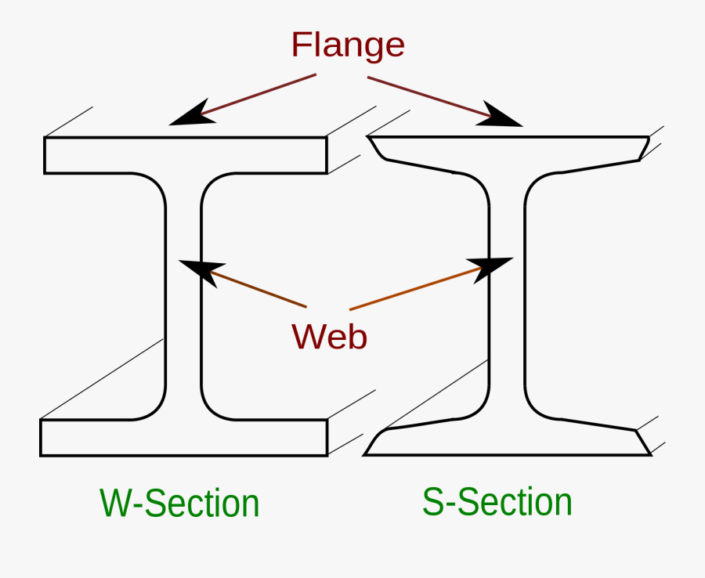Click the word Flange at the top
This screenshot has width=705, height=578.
348,45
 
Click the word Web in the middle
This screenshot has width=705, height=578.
329,336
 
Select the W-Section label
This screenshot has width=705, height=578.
179,503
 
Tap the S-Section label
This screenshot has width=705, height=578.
497,501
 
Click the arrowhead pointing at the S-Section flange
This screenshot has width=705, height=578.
502,116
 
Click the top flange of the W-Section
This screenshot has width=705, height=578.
185,155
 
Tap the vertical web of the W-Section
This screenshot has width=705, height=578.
184,298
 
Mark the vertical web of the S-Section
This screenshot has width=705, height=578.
507,313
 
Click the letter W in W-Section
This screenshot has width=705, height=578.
114,503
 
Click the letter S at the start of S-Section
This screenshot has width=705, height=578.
433,501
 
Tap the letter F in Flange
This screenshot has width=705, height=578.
300,45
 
